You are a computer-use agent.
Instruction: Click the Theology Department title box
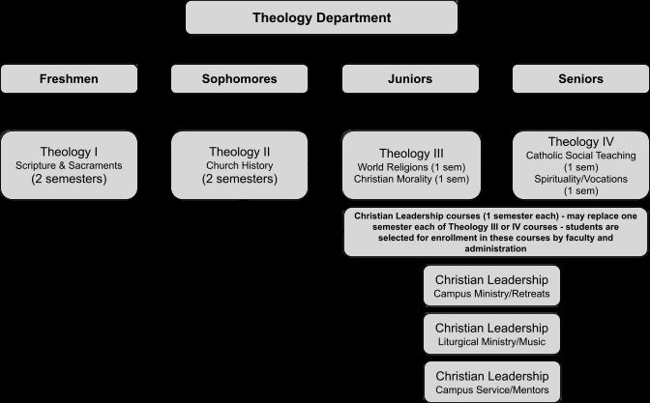pyautogui.click(x=322, y=17)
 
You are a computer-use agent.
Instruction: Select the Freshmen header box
pyautogui.click(x=69, y=78)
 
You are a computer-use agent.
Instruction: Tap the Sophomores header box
pyautogui.click(x=239, y=78)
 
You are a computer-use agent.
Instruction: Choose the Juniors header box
pyautogui.click(x=410, y=78)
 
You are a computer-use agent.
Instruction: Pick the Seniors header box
pyautogui.click(x=580, y=78)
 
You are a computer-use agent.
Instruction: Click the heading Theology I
pyautogui.click(x=69, y=152)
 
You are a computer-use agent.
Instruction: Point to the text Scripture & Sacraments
pyautogui.click(x=69, y=165)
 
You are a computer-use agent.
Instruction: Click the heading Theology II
pyautogui.click(x=240, y=152)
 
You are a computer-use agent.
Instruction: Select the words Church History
pyautogui.click(x=240, y=165)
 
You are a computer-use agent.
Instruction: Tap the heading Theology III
pyautogui.click(x=411, y=154)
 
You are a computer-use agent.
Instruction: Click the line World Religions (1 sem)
pyautogui.click(x=412, y=167)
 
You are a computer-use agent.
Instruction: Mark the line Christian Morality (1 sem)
pyautogui.click(x=412, y=179)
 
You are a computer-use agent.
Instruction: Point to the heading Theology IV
pyautogui.click(x=580, y=142)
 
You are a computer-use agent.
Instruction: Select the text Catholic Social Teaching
pyautogui.click(x=580, y=156)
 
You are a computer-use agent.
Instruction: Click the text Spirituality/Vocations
pyautogui.click(x=580, y=180)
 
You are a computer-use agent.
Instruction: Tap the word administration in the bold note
pyautogui.click(x=495, y=249)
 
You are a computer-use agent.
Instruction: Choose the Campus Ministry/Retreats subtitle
pyautogui.click(x=491, y=294)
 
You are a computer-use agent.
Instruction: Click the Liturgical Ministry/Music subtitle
pyautogui.click(x=491, y=342)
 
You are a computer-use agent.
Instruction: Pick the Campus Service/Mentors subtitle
pyautogui.click(x=492, y=389)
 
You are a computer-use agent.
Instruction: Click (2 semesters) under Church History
pyautogui.click(x=240, y=179)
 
